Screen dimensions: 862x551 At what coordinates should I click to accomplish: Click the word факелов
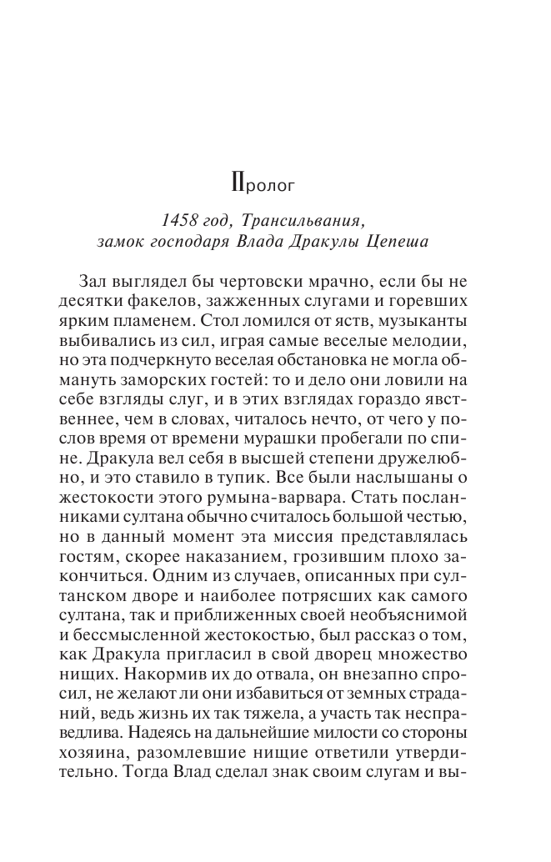pos(172,301)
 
